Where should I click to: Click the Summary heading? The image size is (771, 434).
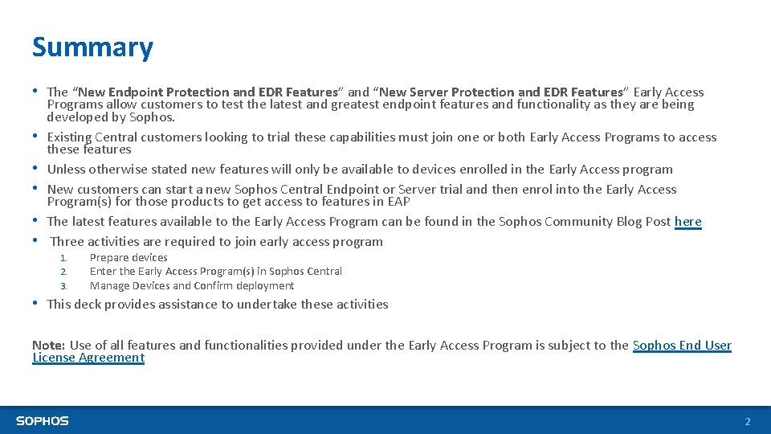[x=92, y=47]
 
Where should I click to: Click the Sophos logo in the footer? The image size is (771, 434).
[x=43, y=420]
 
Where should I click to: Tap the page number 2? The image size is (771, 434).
[x=747, y=421]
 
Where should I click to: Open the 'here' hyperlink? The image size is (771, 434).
[x=687, y=222]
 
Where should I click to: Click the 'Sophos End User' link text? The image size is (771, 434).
[x=682, y=346]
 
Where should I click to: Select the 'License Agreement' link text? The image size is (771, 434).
[x=88, y=358]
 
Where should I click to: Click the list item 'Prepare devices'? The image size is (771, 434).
[x=128, y=258]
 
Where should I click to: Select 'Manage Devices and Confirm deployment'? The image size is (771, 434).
[x=192, y=286]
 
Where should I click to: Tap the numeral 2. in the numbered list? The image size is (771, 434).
[x=63, y=272]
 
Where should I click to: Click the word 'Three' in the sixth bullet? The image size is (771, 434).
[x=67, y=242]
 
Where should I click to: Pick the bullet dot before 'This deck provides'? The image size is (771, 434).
[x=36, y=304]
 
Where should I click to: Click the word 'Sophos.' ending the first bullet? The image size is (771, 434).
[x=152, y=117]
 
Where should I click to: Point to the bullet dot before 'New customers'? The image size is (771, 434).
[x=36, y=189]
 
